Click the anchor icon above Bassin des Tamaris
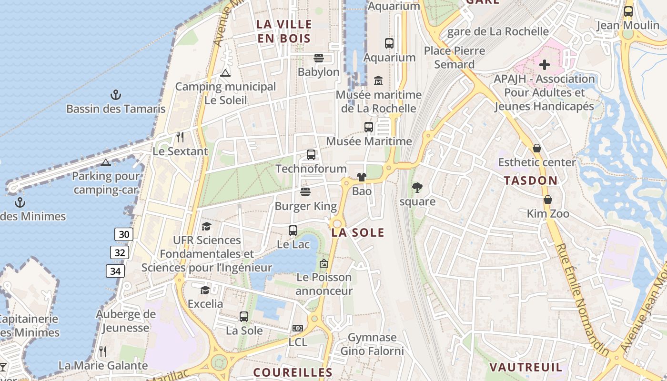(115, 94)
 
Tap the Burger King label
(305, 206)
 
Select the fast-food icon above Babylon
(319, 58)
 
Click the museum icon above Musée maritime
(378, 80)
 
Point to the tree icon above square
(417, 187)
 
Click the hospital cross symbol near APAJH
(545, 64)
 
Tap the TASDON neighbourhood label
(530, 180)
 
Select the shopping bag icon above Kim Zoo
(548, 200)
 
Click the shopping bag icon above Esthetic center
(537, 148)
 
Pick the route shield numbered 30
(124, 234)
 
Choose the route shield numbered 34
(115, 271)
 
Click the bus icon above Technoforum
(311, 155)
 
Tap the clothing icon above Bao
(362, 177)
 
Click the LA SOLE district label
(358, 232)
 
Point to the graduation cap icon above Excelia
(205, 290)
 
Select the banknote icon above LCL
(298, 328)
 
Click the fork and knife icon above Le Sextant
(180, 137)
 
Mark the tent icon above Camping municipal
(225, 72)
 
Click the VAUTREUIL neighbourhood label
(526, 367)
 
